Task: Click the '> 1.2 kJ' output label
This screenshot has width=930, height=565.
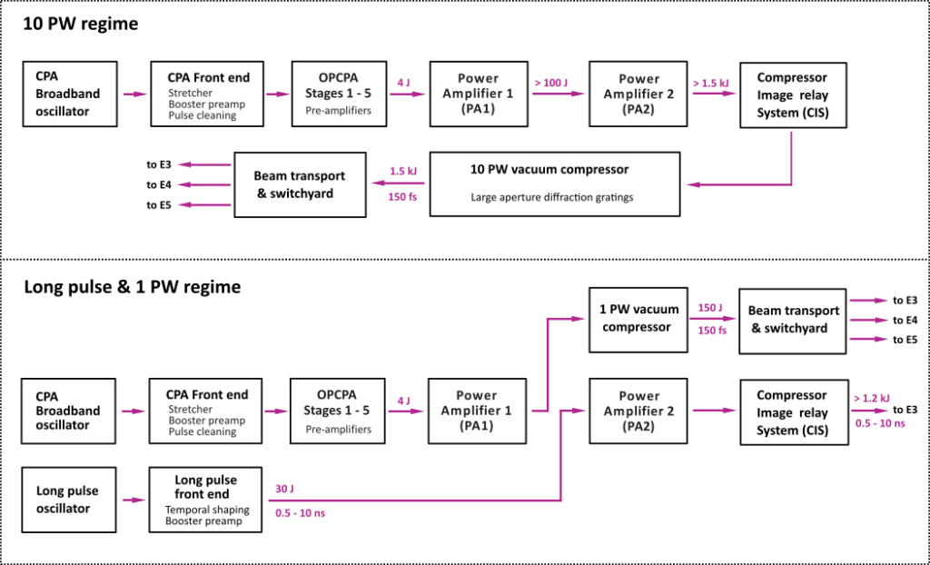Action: click(x=871, y=398)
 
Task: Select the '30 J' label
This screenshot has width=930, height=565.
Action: click(x=283, y=489)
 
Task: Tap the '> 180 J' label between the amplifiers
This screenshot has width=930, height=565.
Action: click(x=551, y=84)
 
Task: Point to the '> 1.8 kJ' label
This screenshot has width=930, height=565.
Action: click(x=711, y=84)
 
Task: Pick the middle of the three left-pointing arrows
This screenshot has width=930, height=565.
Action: click(x=203, y=185)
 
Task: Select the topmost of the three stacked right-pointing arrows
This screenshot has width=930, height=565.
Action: click(x=868, y=300)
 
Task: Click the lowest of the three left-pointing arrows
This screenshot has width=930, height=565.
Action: click(x=203, y=205)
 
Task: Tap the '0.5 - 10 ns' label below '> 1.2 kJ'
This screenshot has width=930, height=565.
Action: click(x=880, y=423)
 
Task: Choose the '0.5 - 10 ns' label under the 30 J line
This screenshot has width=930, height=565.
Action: click(x=300, y=513)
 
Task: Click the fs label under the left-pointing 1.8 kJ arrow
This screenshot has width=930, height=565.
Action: click(x=402, y=196)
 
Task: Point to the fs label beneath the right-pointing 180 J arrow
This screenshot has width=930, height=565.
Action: click(x=712, y=331)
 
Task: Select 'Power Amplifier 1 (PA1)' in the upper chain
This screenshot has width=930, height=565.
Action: click(x=478, y=94)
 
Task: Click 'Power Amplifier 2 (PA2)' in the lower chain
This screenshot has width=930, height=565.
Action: click(x=638, y=411)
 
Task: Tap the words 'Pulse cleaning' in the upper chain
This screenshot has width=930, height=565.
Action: click(x=202, y=116)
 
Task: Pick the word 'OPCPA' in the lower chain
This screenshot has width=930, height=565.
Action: click(x=337, y=395)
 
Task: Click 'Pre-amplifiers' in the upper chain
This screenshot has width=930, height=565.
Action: click(x=338, y=111)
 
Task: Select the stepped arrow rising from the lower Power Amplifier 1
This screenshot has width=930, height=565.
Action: click(x=549, y=363)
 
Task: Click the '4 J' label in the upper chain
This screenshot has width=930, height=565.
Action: click(x=403, y=83)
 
